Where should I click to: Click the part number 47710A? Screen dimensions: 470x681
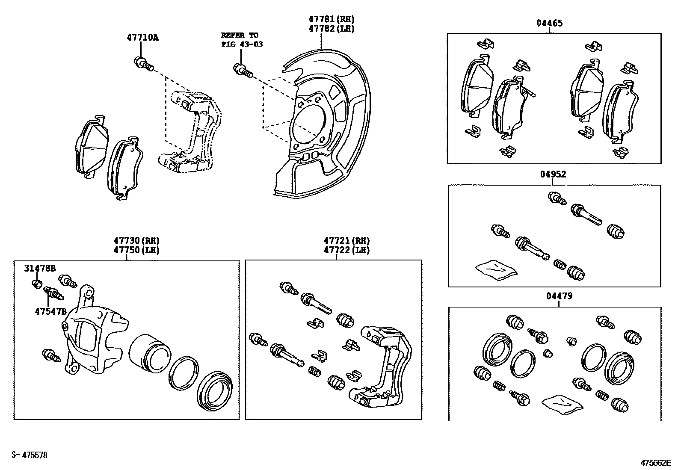click(x=142, y=38)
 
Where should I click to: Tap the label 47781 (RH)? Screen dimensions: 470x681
click(x=332, y=19)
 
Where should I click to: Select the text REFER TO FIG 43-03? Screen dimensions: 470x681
click(x=242, y=39)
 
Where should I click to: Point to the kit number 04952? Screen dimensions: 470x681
click(x=553, y=174)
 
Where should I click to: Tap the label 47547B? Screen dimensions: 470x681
click(x=50, y=311)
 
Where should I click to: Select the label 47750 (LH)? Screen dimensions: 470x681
click(x=136, y=250)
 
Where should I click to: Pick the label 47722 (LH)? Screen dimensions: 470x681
click(x=346, y=250)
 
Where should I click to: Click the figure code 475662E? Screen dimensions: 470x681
click(x=656, y=463)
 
